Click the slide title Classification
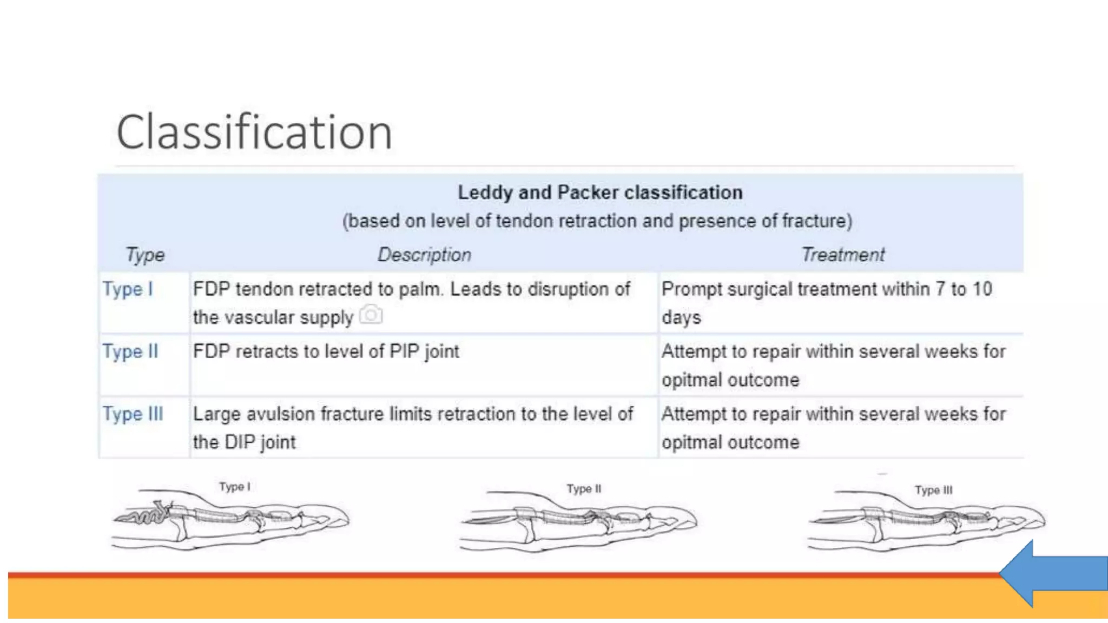click(254, 132)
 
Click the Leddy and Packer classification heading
click(600, 193)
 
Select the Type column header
click(145, 255)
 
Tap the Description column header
click(424, 255)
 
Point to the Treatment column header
click(842, 255)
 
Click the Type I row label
click(128, 289)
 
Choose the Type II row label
click(130, 352)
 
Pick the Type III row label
click(133, 414)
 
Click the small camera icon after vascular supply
click(371, 315)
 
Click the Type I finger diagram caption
click(235, 487)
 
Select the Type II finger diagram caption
click(584, 489)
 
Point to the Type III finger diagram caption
click(933, 491)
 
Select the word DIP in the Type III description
click(240, 442)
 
